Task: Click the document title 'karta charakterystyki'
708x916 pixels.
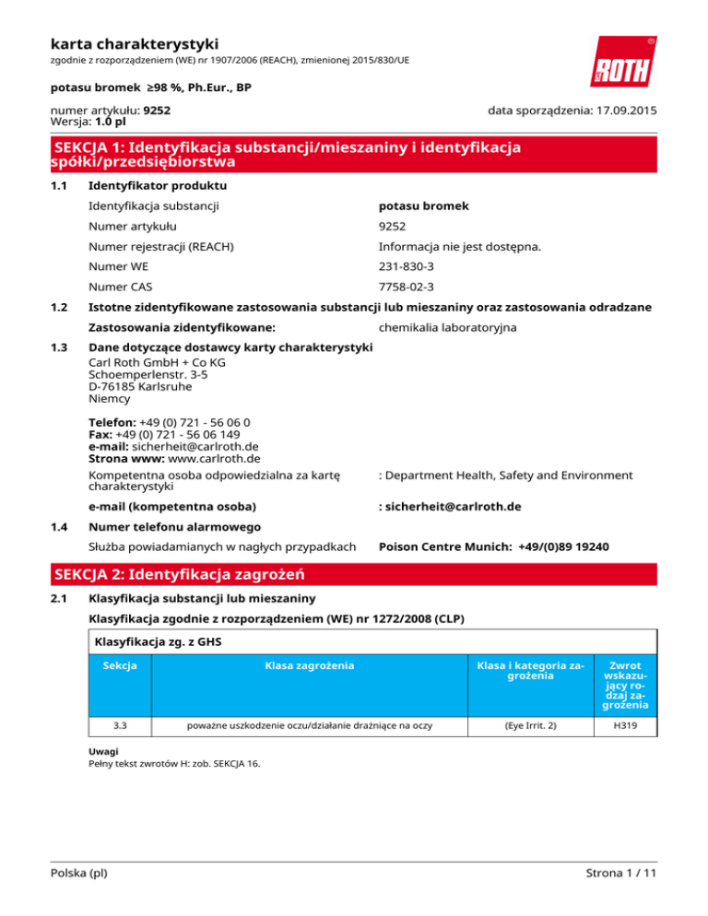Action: pos(134,42)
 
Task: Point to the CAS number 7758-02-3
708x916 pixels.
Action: pos(407,287)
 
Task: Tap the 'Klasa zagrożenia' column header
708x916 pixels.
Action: pos(302,665)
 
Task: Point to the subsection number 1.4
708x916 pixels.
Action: pos(58,527)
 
